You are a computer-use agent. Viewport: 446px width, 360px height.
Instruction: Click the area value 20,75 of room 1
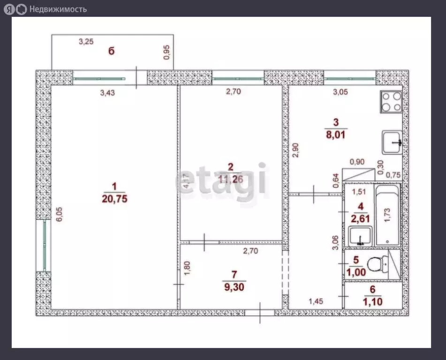point(114,199)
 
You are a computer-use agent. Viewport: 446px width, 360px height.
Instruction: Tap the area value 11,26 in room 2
point(231,179)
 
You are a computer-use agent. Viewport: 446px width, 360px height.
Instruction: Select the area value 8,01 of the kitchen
point(336,135)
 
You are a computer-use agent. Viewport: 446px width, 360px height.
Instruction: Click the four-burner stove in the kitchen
point(392,102)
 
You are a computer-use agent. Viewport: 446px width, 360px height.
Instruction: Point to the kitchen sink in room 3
point(392,142)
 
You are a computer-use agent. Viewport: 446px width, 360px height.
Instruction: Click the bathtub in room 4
point(388,215)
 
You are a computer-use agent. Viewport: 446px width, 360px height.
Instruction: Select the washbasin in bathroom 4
point(360,236)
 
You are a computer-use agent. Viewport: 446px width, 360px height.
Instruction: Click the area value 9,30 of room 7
point(234,287)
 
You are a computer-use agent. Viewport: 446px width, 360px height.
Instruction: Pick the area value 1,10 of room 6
point(373,302)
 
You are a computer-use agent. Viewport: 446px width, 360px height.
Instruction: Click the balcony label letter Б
point(112,51)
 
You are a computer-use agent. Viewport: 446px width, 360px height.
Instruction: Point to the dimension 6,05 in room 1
point(59,214)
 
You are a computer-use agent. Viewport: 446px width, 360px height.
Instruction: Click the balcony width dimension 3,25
point(86,42)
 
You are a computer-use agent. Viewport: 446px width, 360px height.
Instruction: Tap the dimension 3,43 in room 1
point(107,93)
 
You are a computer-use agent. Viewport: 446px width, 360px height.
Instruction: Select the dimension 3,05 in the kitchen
point(340,92)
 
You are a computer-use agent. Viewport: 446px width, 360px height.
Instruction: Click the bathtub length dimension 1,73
point(387,215)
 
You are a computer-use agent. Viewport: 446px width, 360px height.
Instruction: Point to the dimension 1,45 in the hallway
point(316,301)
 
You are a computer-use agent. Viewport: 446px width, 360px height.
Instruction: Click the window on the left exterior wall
point(44,246)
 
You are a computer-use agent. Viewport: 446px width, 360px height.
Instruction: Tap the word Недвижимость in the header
point(58,9)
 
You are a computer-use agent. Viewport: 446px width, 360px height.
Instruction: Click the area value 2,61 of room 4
point(360,219)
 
